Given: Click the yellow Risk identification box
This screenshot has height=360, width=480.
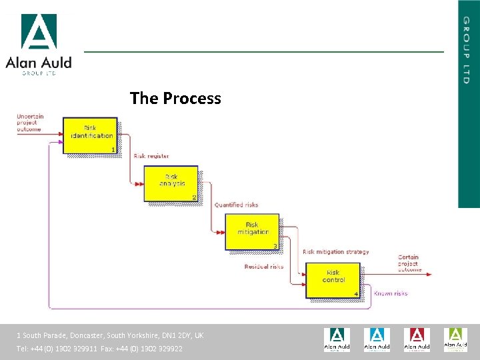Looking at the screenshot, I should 90,135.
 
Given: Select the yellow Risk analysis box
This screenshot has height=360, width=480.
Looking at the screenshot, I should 171,183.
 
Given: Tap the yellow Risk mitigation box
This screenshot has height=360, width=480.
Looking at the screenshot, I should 252,231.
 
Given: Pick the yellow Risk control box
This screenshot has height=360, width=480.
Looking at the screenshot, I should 333,280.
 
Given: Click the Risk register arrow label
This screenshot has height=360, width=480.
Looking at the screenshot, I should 151,156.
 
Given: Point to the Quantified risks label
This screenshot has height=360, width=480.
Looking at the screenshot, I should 236,205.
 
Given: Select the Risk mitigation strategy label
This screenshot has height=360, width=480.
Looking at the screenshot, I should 335,252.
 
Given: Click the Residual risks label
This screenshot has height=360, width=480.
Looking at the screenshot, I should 264,267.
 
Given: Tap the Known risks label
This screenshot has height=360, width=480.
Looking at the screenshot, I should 390,293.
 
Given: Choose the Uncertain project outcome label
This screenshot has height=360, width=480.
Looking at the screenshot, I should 31,123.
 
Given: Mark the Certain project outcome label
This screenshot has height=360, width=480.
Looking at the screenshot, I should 409,263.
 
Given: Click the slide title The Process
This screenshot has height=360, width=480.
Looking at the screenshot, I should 175,99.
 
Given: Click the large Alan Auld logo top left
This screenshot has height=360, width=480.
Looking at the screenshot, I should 39,44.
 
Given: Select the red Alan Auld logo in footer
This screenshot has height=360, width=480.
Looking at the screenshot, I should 417,339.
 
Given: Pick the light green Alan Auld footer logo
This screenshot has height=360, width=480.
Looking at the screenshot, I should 456,339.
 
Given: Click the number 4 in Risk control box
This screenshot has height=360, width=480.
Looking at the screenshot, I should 356,294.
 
